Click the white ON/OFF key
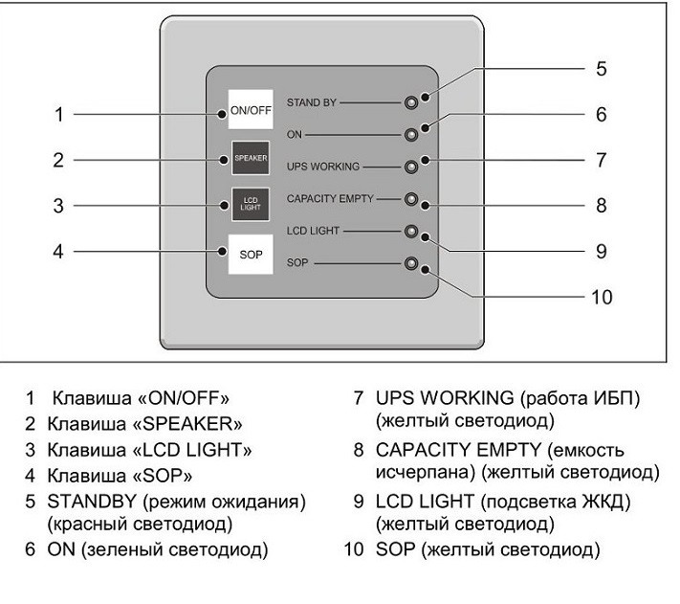coord(251,109)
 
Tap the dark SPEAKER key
coord(251,158)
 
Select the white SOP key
coord(251,255)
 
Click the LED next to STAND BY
coord(411,102)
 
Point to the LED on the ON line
coord(411,135)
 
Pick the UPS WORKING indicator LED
coord(411,167)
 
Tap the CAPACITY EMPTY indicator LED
coord(411,199)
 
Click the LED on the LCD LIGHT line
coord(411,232)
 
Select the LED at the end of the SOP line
coord(411,263)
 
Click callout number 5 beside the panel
coord(601,69)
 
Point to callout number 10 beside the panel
coord(602,298)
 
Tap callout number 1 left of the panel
coord(59,115)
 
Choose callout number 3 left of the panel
coord(58,206)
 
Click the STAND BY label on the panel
coord(312,102)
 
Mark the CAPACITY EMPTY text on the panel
coord(330,199)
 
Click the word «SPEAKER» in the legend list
coord(188,424)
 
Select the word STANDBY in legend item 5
coord(92,502)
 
